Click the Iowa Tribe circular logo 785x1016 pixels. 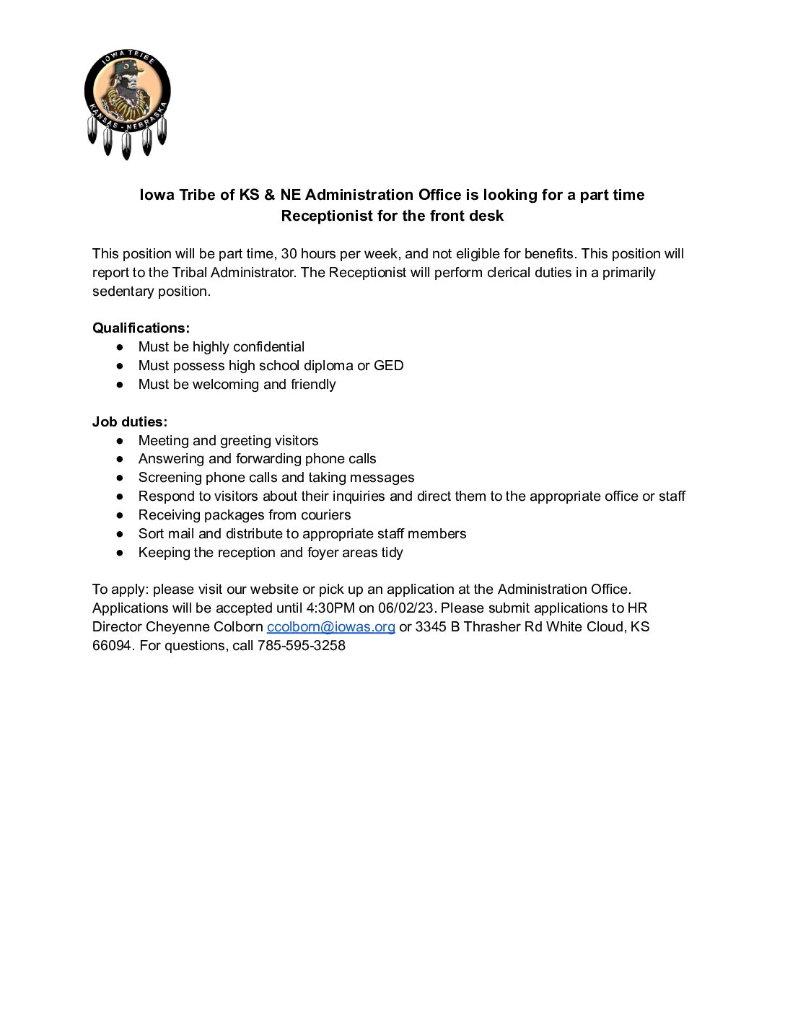point(128,101)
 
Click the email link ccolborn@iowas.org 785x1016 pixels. point(330,627)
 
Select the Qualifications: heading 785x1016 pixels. point(141,328)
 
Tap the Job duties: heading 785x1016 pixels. point(130,422)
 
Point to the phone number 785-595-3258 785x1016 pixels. point(301,646)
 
